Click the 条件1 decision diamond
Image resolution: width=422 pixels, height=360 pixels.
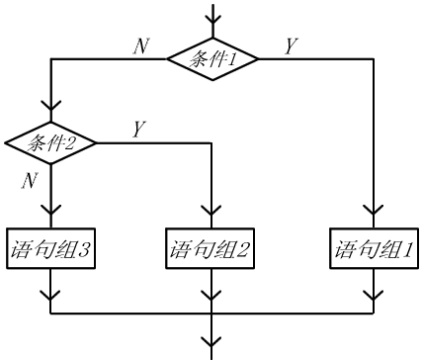[x=212, y=59]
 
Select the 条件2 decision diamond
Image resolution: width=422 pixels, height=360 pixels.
[x=50, y=142]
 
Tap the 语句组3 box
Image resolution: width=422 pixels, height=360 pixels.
[x=50, y=248]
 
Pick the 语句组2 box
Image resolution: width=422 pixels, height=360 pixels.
[x=210, y=248]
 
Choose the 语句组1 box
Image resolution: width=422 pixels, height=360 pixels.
[x=374, y=248]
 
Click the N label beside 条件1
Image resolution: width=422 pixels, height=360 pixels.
[x=141, y=45]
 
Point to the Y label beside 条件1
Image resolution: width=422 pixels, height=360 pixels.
[x=291, y=45]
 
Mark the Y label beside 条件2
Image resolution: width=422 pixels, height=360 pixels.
[x=139, y=129]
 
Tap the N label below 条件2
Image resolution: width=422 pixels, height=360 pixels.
[x=30, y=180]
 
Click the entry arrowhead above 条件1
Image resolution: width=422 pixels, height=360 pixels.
[x=213, y=19]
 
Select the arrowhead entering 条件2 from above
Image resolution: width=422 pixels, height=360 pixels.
[x=51, y=106]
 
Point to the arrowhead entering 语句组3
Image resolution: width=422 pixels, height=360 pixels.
[x=51, y=210]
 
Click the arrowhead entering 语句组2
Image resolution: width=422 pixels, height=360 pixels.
[x=211, y=210]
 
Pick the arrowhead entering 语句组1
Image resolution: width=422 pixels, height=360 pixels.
[x=374, y=210]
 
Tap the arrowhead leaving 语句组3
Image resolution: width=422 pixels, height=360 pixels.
[x=50, y=296]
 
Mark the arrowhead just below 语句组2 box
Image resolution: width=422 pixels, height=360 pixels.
[x=211, y=296]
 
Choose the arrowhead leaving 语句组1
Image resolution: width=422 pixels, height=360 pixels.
[x=374, y=296]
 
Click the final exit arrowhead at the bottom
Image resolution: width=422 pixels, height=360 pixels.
[x=211, y=341]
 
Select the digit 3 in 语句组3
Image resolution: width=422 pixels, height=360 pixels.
[x=83, y=249]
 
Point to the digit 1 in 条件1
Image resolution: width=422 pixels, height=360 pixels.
[x=232, y=59]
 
